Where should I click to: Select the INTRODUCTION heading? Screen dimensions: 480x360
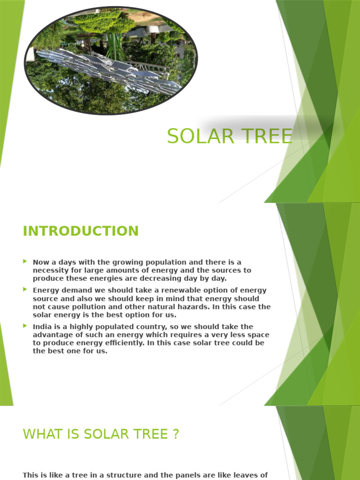click(81, 231)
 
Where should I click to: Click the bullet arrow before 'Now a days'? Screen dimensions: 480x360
click(25, 262)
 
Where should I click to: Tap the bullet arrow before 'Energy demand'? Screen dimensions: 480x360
click(25, 290)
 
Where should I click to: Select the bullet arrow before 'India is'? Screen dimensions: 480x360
click(25, 326)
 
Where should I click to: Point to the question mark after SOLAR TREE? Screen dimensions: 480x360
click(176, 435)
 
